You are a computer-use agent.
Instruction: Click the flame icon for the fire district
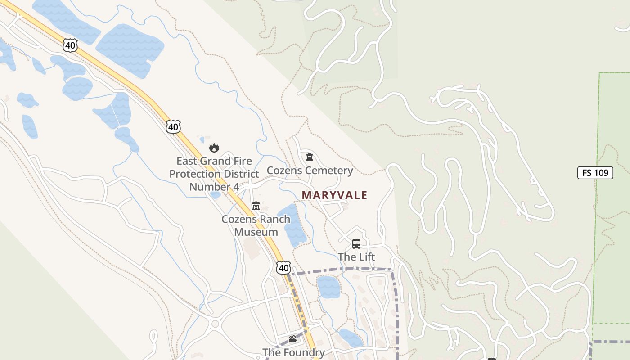pos(214,148)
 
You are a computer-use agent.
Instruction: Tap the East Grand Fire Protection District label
pos(214,174)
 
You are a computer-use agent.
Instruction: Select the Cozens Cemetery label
pos(310,171)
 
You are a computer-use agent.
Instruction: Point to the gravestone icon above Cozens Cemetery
pos(310,157)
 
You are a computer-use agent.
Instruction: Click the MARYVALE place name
pos(334,195)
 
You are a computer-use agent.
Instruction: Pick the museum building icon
pos(256,206)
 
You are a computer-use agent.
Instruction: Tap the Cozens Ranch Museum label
pos(256,225)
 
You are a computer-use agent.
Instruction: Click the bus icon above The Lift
pos(356,244)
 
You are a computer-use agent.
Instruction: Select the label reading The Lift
pos(356,257)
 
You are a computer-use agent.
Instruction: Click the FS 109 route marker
pos(595,173)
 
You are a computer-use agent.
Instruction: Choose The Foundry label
pos(293,352)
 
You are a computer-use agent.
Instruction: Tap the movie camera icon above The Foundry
pos(293,339)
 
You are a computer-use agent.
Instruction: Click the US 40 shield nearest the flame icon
pos(173,127)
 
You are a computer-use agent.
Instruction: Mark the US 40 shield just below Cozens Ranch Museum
pos(283,268)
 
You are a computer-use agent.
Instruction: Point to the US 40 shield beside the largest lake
pos(71,45)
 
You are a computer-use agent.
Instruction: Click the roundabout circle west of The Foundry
pos(215,324)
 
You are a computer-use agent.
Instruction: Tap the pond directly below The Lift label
pos(328,287)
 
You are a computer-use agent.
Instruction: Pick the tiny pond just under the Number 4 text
pos(216,195)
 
